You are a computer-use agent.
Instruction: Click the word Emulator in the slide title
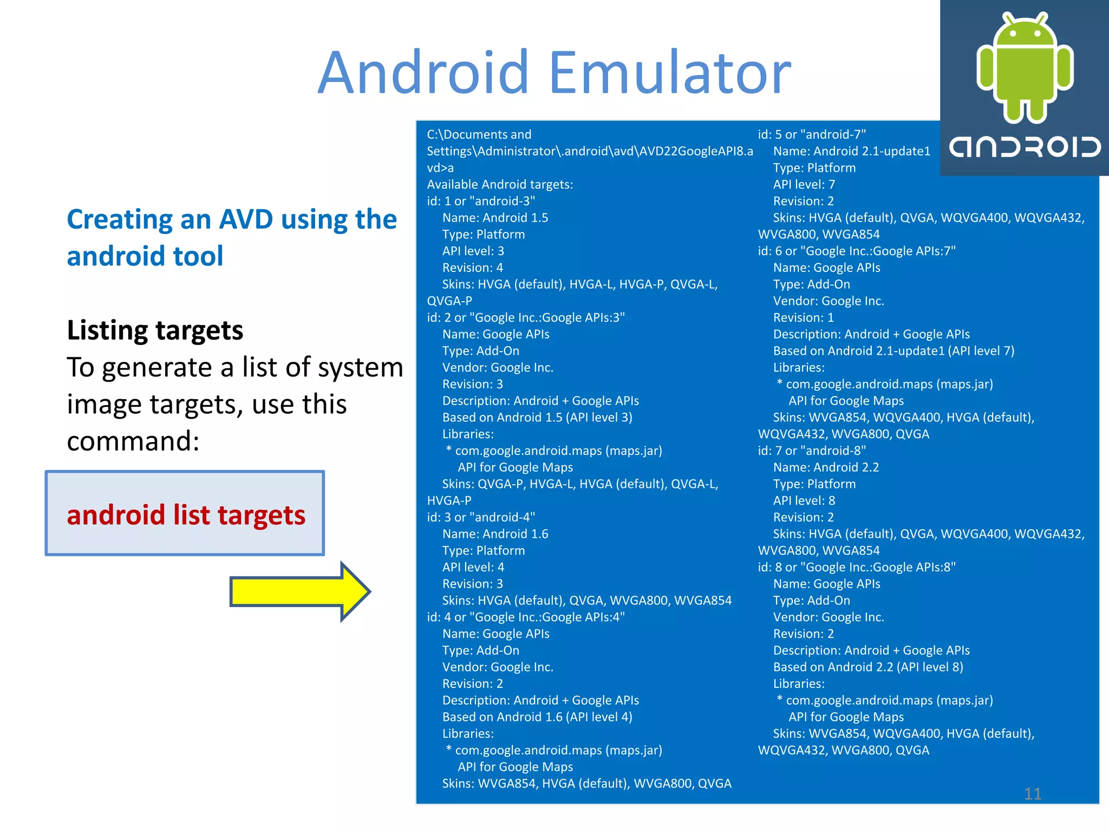click(x=670, y=73)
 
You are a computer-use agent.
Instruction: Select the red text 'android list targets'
click(x=186, y=515)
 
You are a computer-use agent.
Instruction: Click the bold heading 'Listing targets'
click(x=155, y=330)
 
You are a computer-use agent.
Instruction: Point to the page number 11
click(x=1033, y=794)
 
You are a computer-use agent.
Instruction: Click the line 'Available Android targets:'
click(x=499, y=184)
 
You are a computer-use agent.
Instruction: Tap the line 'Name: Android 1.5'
click(x=495, y=218)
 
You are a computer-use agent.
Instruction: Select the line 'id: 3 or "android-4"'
click(x=480, y=517)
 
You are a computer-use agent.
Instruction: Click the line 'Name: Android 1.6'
click(x=495, y=534)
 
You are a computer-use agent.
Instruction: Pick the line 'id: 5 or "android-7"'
click(x=811, y=134)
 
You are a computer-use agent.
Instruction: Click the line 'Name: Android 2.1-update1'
click(x=851, y=151)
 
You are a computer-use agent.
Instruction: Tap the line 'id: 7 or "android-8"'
click(x=811, y=451)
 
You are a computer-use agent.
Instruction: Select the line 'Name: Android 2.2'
click(x=826, y=467)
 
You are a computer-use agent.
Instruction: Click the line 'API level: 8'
click(x=804, y=500)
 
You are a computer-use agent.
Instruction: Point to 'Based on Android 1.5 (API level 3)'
click(x=537, y=418)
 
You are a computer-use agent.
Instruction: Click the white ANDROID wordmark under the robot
click(x=1025, y=147)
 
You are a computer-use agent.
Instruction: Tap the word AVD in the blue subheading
click(x=246, y=219)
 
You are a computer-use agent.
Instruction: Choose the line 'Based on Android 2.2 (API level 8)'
click(x=868, y=667)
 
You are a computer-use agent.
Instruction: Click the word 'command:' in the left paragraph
click(x=133, y=441)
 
